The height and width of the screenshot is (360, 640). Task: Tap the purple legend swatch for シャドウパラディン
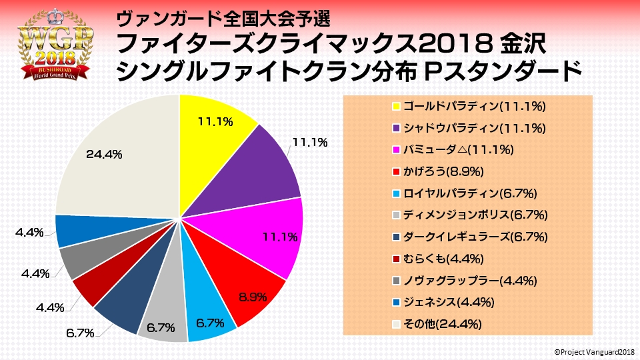tap(396, 129)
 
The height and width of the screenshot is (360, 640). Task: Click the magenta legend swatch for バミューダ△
tap(396, 150)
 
